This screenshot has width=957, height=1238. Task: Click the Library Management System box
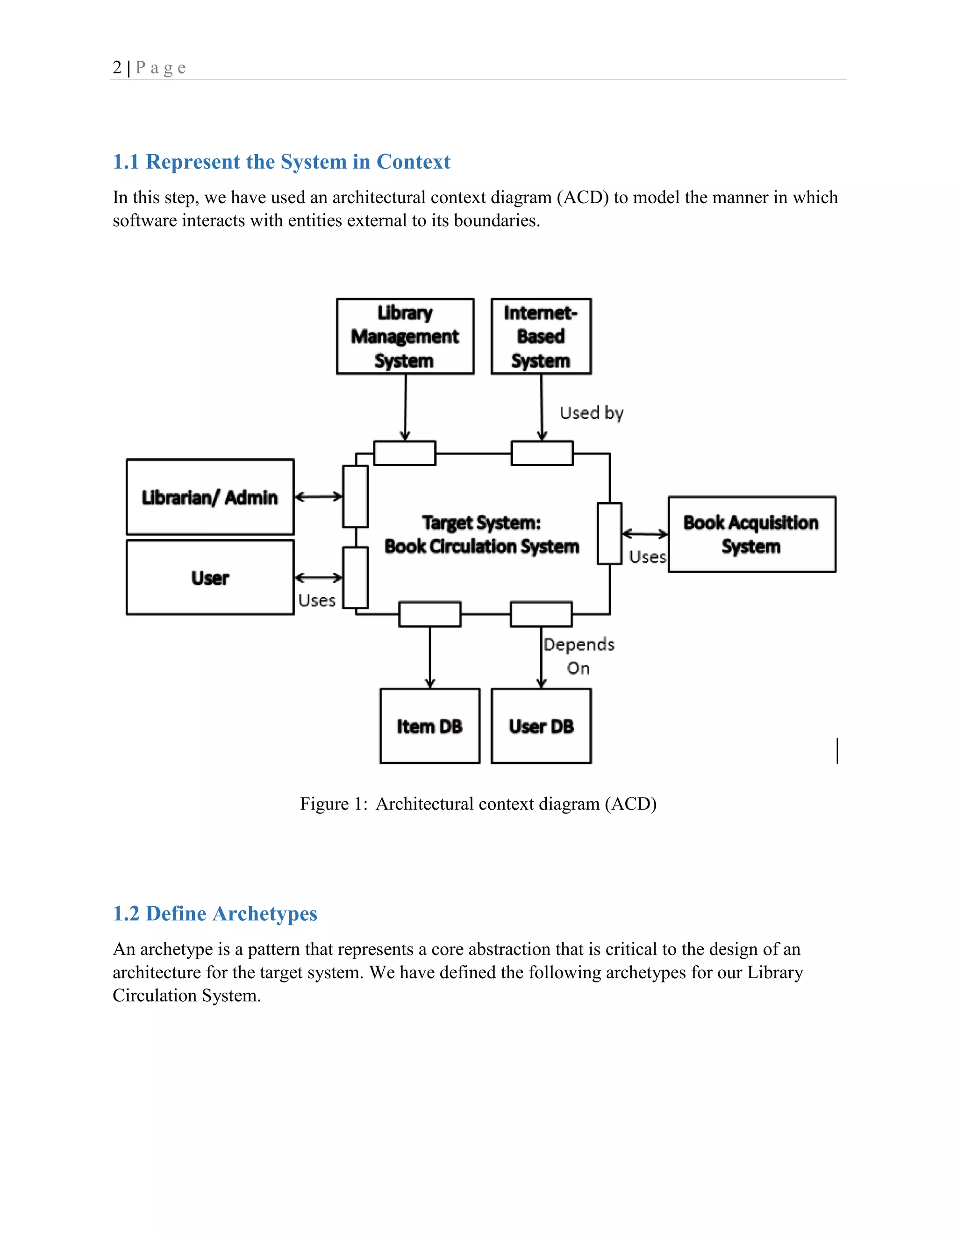[x=405, y=336]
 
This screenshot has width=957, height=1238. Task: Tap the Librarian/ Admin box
[x=210, y=497]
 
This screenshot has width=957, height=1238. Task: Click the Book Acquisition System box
[x=751, y=534]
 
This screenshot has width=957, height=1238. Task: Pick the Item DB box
[x=430, y=726]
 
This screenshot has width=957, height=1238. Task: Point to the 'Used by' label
[x=591, y=413]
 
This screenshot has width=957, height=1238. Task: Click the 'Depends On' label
[x=579, y=656]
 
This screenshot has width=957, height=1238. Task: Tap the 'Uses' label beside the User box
[x=317, y=600]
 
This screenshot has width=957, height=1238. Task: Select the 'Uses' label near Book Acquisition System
[x=648, y=557]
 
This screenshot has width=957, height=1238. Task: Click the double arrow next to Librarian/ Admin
[x=319, y=497]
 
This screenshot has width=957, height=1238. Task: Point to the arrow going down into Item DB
[x=430, y=658]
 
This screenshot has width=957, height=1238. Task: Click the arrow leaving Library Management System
[x=405, y=407]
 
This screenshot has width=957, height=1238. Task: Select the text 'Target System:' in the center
[x=481, y=522]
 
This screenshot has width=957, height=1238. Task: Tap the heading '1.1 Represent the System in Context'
[x=281, y=162]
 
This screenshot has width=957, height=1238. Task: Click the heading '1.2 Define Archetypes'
[x=215, y=913]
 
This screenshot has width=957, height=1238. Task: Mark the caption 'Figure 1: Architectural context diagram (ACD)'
[x=478, y=804]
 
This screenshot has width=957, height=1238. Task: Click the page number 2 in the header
[x=117, y=67]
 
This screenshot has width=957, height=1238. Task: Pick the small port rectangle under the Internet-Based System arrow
[x=542, y=453]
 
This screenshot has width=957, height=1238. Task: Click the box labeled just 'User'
[x=210, y=577]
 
